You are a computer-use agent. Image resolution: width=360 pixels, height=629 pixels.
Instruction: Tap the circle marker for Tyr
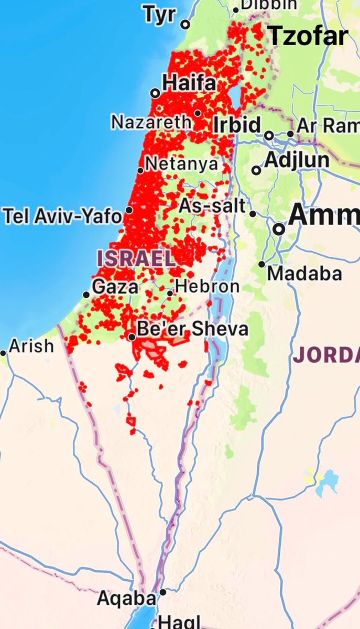[185, 25]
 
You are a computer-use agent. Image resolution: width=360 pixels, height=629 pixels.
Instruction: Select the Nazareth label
[151, 122]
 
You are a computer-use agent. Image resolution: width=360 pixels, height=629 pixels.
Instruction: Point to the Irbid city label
[237, 126]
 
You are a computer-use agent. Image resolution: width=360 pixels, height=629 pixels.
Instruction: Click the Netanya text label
[181, 164]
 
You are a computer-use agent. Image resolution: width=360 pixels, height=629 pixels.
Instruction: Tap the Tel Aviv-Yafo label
[62, 215]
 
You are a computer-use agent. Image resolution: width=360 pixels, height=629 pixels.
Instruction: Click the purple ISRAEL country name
[135, 258]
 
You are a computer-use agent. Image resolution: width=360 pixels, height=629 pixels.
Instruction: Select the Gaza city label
[115, 287]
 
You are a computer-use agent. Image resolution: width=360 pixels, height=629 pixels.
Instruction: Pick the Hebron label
[208, 286]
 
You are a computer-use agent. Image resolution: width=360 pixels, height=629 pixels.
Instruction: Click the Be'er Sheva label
[192, 329]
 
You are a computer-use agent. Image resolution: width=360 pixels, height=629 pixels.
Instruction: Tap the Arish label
[31, 346]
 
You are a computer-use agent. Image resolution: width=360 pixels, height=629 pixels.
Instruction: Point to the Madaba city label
[304, 273]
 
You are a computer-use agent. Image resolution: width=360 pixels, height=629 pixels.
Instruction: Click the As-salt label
[212, 206]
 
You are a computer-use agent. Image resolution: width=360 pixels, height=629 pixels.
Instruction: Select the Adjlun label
[297, 160]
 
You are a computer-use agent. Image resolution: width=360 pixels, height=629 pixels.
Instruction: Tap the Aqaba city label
[126, 599]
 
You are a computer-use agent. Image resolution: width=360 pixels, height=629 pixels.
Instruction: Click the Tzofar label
[308, 36]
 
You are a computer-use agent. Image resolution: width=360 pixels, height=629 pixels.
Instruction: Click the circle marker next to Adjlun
[256, 170]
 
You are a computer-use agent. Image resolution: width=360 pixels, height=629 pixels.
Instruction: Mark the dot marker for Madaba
[261, 264]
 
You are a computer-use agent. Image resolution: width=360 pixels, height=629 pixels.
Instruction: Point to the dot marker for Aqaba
[163, 592]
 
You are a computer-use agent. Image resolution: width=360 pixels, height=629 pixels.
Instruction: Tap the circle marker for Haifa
[155, 93]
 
